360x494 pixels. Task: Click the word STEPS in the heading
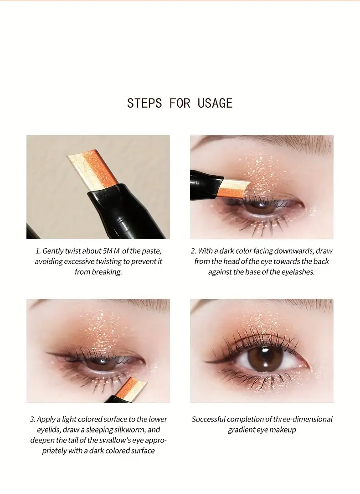pos(144,103)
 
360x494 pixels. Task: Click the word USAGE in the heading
pos(215,103)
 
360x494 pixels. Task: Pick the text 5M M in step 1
pos(111,251)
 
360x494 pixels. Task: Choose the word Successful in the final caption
pos(209,419)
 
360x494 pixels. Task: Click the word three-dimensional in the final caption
pos(303,419)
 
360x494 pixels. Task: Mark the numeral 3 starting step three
pos(32,419)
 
